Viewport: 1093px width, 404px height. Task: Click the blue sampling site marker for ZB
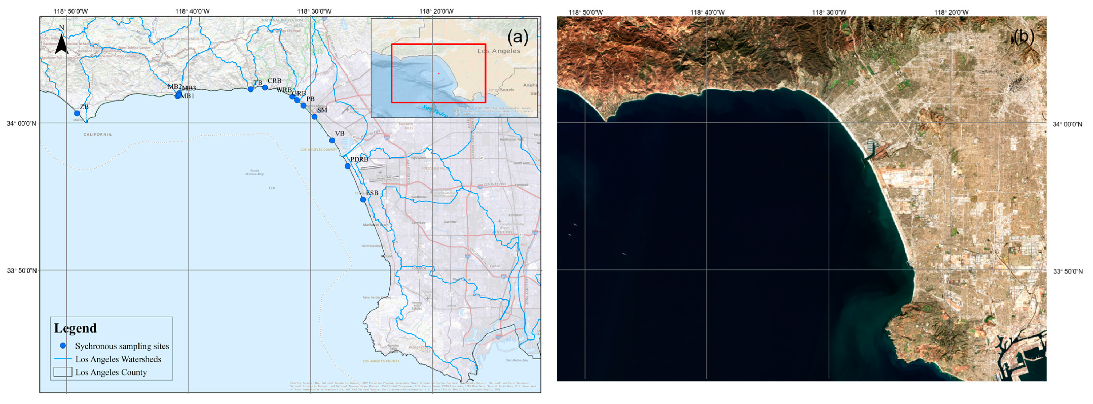[x=77, y=113]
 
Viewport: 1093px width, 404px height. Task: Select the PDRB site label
[x=359, y=159]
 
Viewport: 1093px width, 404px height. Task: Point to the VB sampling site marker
[x=332, y=140]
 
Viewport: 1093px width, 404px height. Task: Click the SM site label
[x=322, y=110]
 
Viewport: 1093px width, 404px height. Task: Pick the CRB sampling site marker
[x=265, y=87]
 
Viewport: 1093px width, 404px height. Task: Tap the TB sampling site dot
[x=251, y=89]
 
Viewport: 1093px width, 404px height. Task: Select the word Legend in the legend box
[x=75, y=328]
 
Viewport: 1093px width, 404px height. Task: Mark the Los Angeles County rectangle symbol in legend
[x=62, y=372]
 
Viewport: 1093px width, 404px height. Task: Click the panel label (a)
[x=518, y=37]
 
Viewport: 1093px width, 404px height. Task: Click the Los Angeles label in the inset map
[x=499, y=51]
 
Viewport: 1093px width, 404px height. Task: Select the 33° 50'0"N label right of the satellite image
[x=1068, y=271]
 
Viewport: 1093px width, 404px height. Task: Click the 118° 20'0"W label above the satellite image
[x=951, y=12]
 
